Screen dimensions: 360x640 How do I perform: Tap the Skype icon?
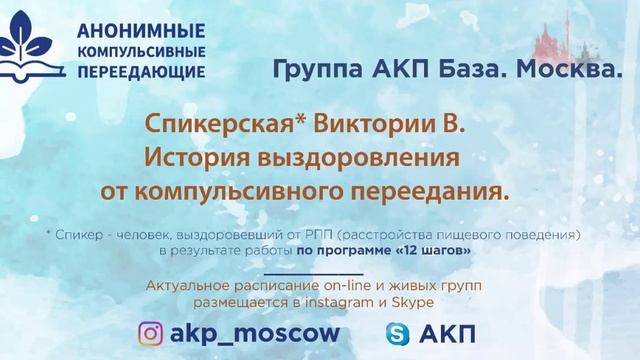397,333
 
